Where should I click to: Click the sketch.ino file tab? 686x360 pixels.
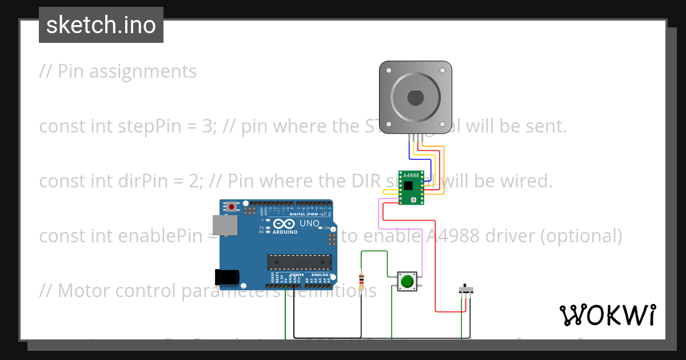pos(101,25)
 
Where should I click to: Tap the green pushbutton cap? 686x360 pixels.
pos(407,281)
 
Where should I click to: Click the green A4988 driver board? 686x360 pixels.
pos(411,187)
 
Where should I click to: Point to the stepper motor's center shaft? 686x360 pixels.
pos(416,98)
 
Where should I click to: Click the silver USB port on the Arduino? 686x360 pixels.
pos(225,225)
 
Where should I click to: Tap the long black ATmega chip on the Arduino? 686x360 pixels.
pos(300,262)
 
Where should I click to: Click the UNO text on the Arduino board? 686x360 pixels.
pos(309,223)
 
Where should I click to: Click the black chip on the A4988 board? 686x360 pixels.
pos(408,186)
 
